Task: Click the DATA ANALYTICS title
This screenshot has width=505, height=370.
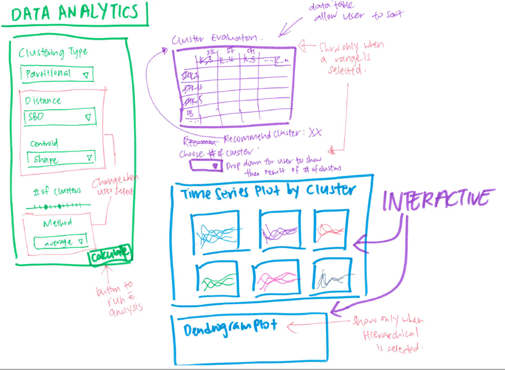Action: click(x=74, y=14)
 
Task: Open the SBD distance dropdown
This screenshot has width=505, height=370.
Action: click(x=60, y=117)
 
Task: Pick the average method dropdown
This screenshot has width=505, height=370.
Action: click(x=60, y=242)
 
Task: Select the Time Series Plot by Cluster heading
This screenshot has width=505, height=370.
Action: click(x=268, y=192)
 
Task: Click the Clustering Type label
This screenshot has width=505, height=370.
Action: click(x=53, y=53)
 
